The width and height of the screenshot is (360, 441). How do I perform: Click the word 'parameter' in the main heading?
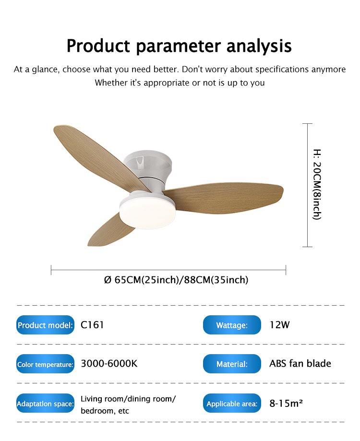pyautogui.click(x=178, y=47)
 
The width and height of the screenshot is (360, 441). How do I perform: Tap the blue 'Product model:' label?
pyautogui.click(x=45, y=325)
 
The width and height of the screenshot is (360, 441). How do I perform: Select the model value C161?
pyautogui.click(x=92, y=325)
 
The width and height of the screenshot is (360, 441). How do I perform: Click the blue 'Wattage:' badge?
pyautogui.click(x=232, y=325)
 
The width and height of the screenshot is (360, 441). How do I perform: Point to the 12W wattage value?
pyautogui.click(x=279, y=325)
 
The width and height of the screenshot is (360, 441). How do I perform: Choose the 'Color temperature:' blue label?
pyautogui.click(x=45, y=364)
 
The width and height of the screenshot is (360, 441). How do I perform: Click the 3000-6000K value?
pyautogui.click(x=109, y=363)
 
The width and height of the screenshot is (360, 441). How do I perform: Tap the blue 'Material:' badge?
pyautogui.click(x=232, y=364)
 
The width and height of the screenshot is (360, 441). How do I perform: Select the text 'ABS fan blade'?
pyautogui.click(x=300, y=363)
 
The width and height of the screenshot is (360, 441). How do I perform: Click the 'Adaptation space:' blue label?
pyautogui.click(x=45, y=403)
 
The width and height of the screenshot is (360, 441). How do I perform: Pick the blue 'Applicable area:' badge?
pyautogui.click(x=232, y=403)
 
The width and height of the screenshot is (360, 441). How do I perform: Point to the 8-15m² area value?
pyautogui.click(x=286, y=403)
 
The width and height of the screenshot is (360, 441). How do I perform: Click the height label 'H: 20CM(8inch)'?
pyautogui.click(x=317, y=184)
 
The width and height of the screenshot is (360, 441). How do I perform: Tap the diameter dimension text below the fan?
pyautogui.click(x=176, y=280)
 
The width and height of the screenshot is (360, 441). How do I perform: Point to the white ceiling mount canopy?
pyautogui.click(x=148, y=164)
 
